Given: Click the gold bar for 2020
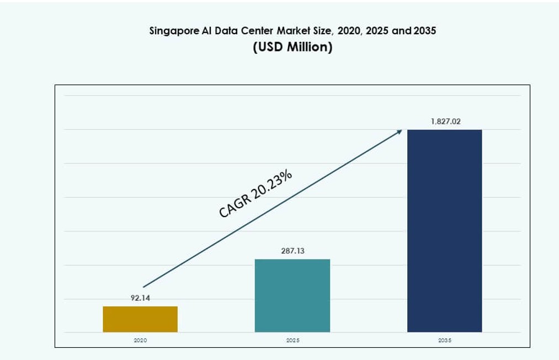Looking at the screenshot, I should pyautogui.click(x=140, y=319).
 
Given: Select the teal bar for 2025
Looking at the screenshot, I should pyautogui.click(x=292, y=295).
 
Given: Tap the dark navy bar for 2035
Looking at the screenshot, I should pyautogui.click(x=444, y=231).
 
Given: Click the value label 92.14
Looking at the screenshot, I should pyautogui.click(x=140, y=298).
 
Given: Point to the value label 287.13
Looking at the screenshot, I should pyautogui.click(x=292, y=251).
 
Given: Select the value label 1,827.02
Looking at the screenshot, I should pyautogui.click(x=445, y=121).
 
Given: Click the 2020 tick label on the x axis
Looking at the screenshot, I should pyautogui.click(x=140, y=341).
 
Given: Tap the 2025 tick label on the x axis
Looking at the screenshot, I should pyautogui.click(x=292, y=341).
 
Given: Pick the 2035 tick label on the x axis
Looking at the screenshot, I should pyautogui.click(x=445, y=341).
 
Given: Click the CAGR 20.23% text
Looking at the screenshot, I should pyautogui.click(x=255, y=194).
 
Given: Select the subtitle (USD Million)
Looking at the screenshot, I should pyautogui.click(x=292, y=47).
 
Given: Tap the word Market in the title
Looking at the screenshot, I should pyautogui.click(x=286, y=31).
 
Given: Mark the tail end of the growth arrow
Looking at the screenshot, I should pyautogui.click(x=144, y=287).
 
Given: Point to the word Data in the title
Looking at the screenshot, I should pyautogui.click(x=225, y=31).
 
